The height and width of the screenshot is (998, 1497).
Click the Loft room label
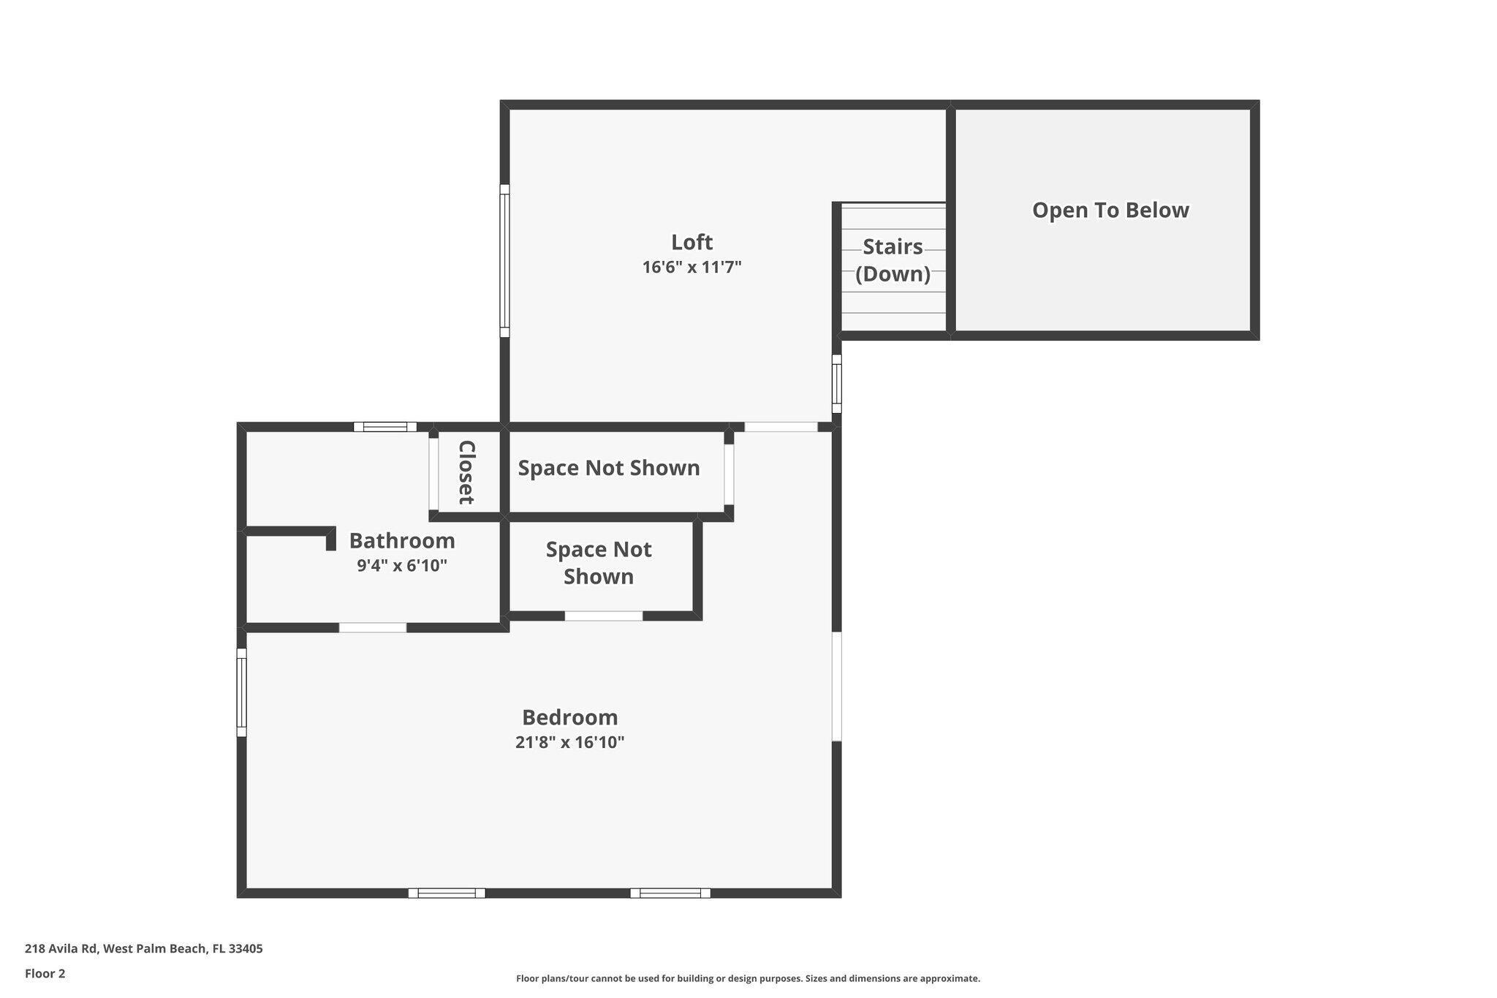[x=691, y=242]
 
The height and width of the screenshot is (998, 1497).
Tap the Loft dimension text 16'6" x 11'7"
[x=691, y=268]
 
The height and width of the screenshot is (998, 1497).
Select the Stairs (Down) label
[x=892, y=260]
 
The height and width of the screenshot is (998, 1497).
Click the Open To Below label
[x=1110, y=211]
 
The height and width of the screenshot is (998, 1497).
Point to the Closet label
[x=466, y=472]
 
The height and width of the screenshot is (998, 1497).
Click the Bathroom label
[x=401, y=541]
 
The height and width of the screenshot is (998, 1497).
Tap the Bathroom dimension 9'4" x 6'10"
[x=401, y=566]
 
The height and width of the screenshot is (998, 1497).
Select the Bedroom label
[x=569, y=717]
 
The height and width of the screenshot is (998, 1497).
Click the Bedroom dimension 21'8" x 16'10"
[x=569, y=743]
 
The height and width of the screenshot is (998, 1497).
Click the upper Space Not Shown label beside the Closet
[x=608, y=468]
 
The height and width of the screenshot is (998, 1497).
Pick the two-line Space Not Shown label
[x=598, y=563]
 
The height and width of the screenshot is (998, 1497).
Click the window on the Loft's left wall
[x=504, y=260]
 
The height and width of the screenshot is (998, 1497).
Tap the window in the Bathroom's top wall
[x=385, y=427]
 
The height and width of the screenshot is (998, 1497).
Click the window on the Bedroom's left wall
[x=241, y=692]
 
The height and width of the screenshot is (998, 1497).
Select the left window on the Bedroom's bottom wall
[x=447, y=893]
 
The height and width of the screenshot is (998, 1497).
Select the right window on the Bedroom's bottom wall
[x=670, y=893]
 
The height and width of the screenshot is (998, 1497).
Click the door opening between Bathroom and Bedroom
[x=373, y=627]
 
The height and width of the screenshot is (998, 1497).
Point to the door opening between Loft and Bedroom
[x=781, y=427]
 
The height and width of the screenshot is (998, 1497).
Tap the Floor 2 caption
[x=45, y=974]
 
